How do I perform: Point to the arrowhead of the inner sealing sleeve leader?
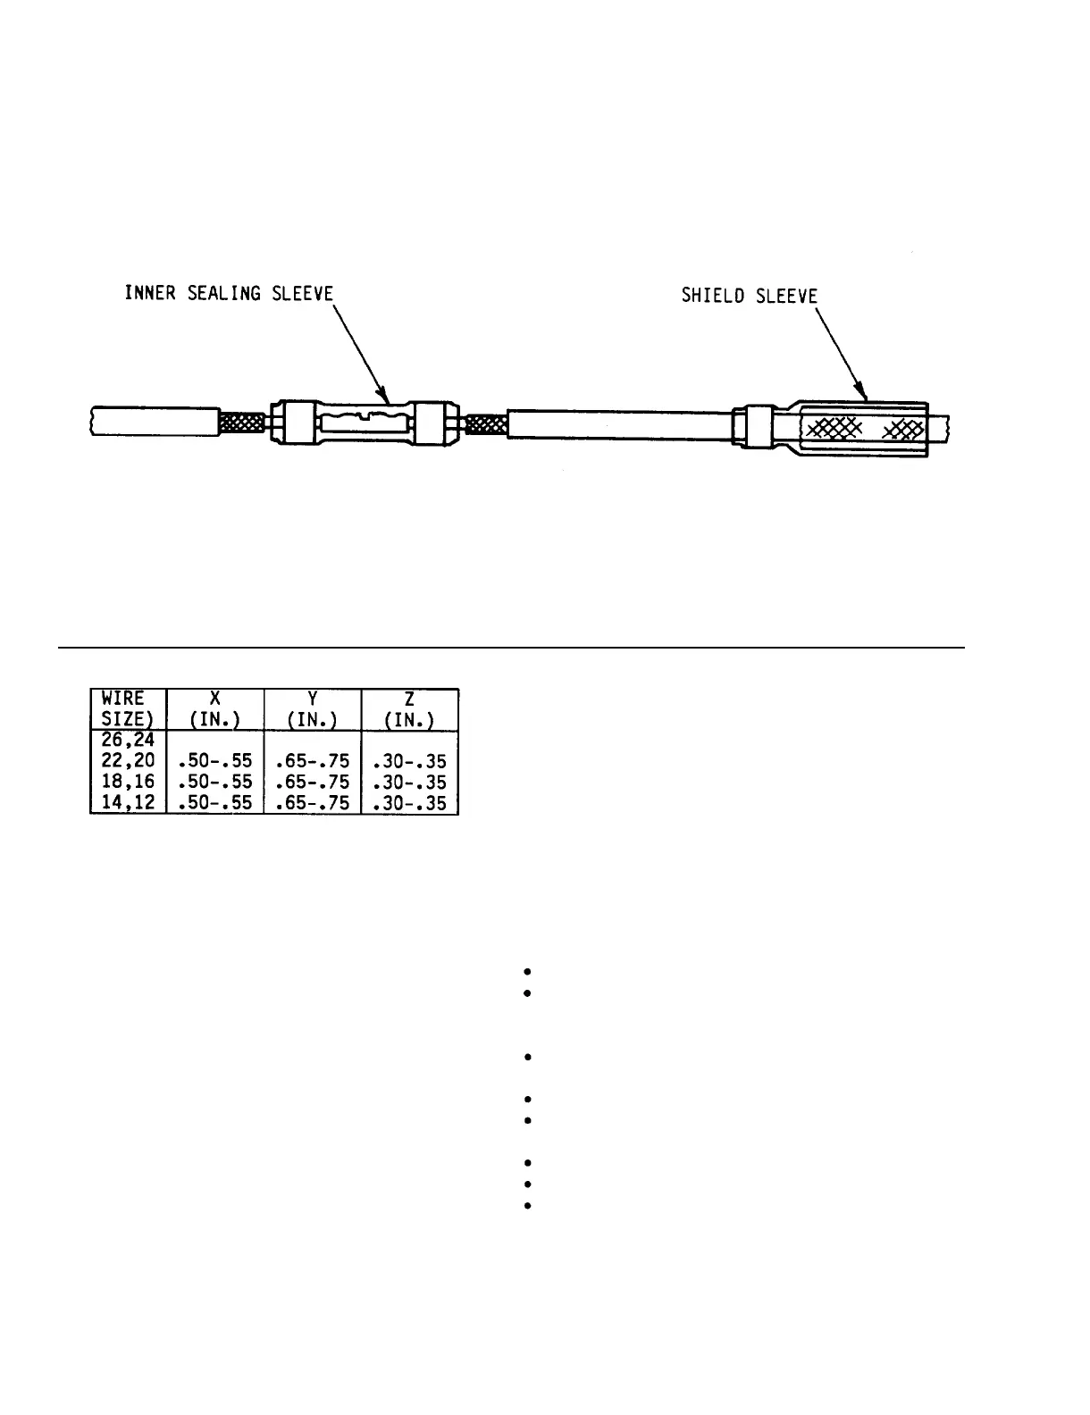click(384, 397)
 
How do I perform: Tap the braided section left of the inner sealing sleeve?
click(242, 422)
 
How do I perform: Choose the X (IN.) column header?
click(215, 709)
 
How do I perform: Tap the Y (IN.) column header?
click(313, 709)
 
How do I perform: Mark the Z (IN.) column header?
click(409, 709)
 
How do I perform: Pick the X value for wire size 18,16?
click(215, 783)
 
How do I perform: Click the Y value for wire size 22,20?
click(313, 762)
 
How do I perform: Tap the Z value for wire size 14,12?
click(409, 803)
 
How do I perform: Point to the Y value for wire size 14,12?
click(313, 803)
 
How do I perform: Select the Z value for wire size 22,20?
click(409, 762)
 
